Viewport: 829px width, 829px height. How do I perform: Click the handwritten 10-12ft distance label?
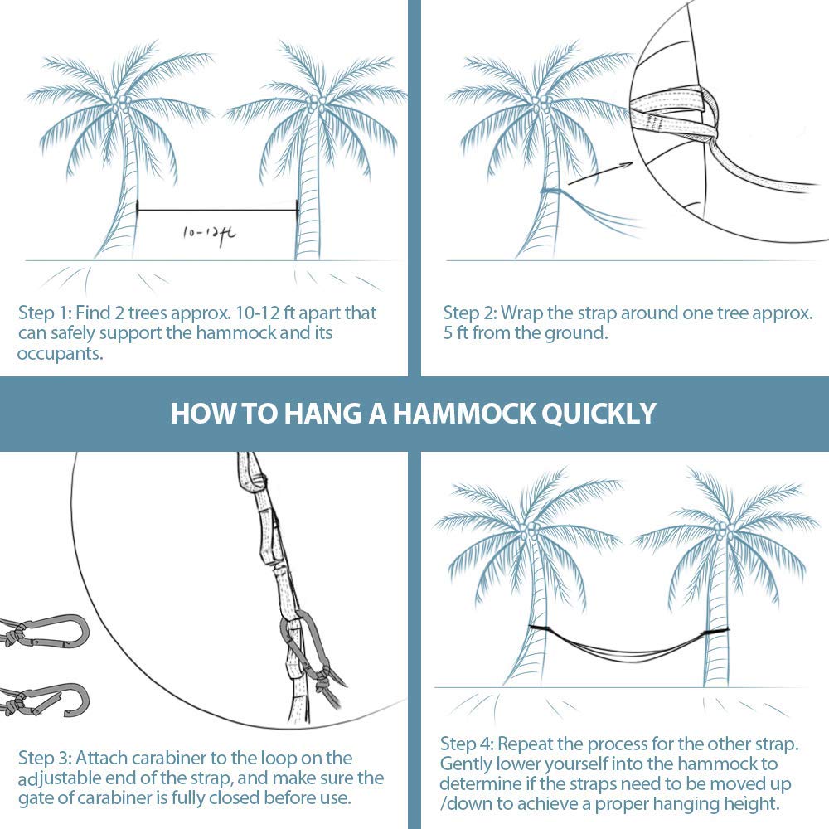point(210,234)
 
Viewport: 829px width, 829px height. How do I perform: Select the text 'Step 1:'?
point(44,313)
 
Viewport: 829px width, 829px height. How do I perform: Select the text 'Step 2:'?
point(469,313)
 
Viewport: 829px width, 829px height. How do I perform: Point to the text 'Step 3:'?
point(45,759)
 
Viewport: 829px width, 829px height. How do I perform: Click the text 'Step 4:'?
point(466,744)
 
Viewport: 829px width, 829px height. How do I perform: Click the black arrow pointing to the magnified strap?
point(599,174)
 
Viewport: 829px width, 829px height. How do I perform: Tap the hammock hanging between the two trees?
point(629,642)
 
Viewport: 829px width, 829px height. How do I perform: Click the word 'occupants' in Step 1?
point(59,353)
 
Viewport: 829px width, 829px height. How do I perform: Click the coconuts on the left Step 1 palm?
point(123,103)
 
